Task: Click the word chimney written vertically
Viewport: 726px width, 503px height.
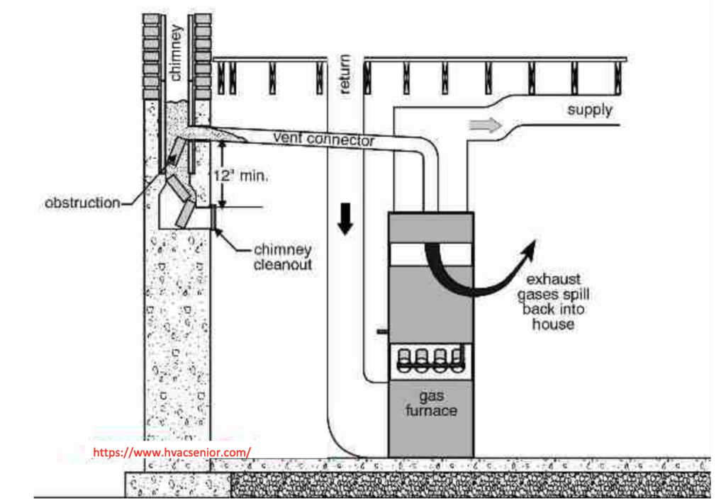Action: [x=177, y=52]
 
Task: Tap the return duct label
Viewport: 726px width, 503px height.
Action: [x=345, y=74]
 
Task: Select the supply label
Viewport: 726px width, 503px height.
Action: [x=589, y=111]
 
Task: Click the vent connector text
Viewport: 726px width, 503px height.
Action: [x=323, y=139]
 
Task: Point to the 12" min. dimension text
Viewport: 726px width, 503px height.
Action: [x=241, y=176]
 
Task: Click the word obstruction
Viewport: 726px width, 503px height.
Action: [x=82, y=203]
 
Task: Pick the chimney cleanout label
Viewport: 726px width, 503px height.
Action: [x=282, y=258]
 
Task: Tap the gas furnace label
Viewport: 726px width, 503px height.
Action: [x=430, y=404]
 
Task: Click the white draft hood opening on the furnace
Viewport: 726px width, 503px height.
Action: [x=430, y=254]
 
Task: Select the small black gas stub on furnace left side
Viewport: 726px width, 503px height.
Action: [x=383, y=331]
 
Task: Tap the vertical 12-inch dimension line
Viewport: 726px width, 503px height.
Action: [x=221, y=174]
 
